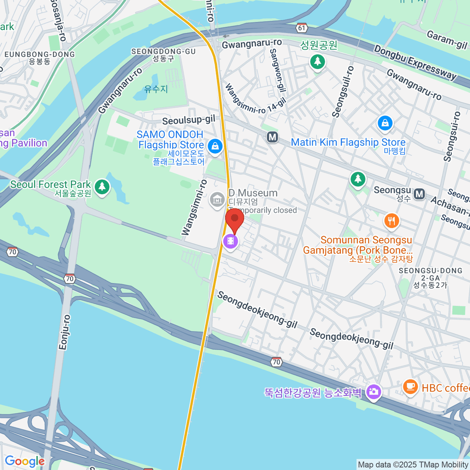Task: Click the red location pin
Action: pyautogui.click(x=235, y=219)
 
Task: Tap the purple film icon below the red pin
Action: pyautogui.click(x=230, y=241)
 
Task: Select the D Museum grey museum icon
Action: pyautogui.click(x=217, y=200)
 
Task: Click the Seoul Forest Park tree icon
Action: pyautogui.click(x=102, y=186)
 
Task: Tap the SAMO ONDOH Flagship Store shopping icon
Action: pyautogui.click(x=215, y=146)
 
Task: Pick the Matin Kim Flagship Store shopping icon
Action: pyautogui.click(x=385, y=123)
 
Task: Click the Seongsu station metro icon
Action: pyautogui.click(x=419, y=193)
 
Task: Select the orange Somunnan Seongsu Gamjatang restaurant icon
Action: pyautogui.click(x=391, y=221)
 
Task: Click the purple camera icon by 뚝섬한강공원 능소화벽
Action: pyautogui.click(x=374, y=391)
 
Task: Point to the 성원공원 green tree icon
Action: pyautogui.click(x=317, y=61)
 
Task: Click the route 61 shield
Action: pyautogui.click(x=301, y=28)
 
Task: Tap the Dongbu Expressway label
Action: pyautogui.click(x=415, y=63)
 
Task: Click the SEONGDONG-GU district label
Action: pyautogui.click(x=163, y=52)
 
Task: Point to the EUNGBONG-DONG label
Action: pyautogui.click(x=39, y=54)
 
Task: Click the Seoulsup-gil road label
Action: pyautogui.click(x=188, y=120)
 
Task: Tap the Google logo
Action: pyautogui.click(x=25, y=461)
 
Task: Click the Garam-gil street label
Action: pyautogui.click(x=447, y=40)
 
